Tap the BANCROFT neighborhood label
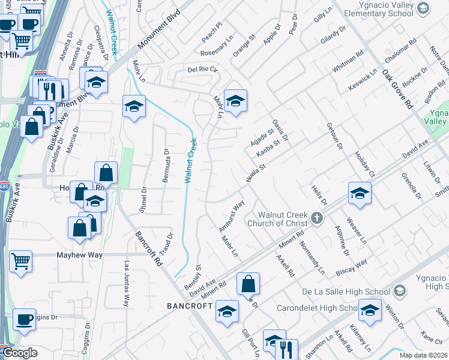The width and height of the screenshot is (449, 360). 189,306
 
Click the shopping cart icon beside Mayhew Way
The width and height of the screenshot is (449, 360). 20,262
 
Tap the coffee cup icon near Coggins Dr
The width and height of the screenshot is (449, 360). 24,319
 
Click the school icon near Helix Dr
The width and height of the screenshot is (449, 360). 360,193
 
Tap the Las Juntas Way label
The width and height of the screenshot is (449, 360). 127,284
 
